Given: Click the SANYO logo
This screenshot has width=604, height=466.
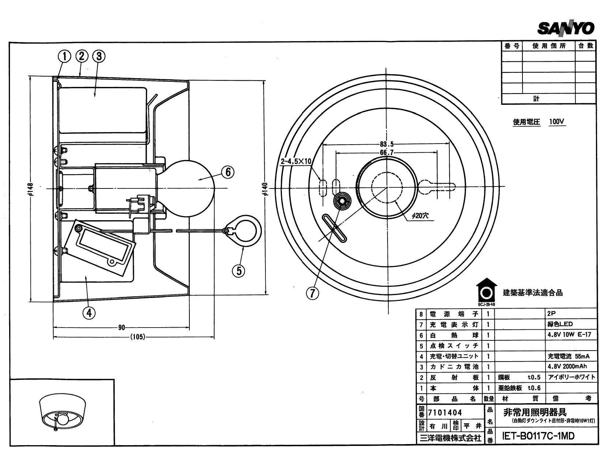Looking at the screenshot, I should coord(565,28).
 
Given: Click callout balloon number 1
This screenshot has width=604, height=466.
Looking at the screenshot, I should coord(64,56).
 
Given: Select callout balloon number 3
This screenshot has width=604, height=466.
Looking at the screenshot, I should coord(99,56).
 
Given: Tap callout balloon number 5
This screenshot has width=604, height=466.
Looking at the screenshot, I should coord(239,271).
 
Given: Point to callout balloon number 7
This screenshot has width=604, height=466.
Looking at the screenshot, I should coord(313,293).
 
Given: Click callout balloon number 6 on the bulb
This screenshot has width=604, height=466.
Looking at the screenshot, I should coord(228,172).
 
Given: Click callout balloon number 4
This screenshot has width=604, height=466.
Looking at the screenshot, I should coord(89,312).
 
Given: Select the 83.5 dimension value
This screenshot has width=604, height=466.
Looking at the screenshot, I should coord(386,144).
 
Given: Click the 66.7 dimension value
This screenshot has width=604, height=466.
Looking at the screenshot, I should coord(386,153).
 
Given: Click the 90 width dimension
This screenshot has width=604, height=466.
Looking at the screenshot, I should coord(121,327).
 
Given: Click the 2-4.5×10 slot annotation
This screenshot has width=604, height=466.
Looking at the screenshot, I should coord(296,161).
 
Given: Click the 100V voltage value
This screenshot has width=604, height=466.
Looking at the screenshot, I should coord(556,122).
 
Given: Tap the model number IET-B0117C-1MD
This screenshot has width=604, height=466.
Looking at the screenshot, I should coord(539,436).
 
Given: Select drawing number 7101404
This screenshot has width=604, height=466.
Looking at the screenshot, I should coord(445,413).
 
